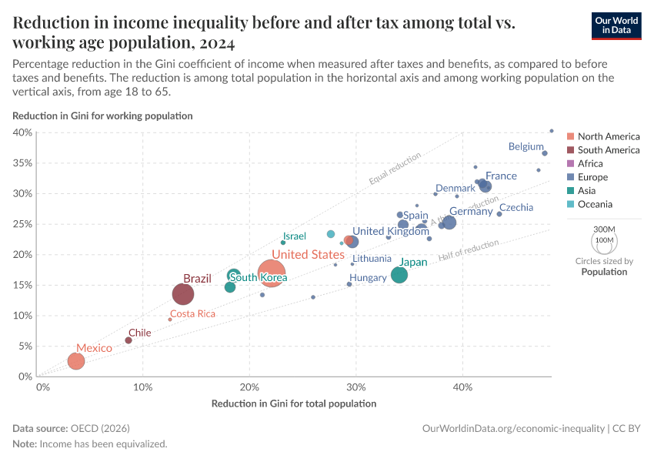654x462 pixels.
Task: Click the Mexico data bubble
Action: pyautogui.click(x=75, y=361)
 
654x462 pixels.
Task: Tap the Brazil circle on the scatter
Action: pyautogui.click(x=183, y=294)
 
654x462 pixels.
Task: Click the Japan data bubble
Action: pyautogui.click(x=399, y=275)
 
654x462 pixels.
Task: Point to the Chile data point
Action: pyautogui.click(x=128, y=340)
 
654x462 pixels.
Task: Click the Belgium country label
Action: pyautogui.click(x=526, y=146)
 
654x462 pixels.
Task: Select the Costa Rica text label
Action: pyautogui.click(x=192, y=314)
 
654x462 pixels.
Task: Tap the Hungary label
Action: pyautogui.click(x=368, y=278)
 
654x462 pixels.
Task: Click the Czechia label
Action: pyautogui.click(x=516, y=208)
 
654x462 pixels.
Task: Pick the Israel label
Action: pyautogui.click(x=294, y=236)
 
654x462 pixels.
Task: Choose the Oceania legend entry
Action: pyautogui.click(x=595, y=204)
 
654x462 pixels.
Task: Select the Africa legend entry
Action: pyautogui.click(x=590, y=164)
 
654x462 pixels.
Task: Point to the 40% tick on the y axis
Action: pyautogui.click(x=22, y=132)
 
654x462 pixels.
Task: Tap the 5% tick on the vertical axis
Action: pyautogui.click(x=25, y=346)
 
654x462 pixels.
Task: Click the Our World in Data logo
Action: pyautogui.click(x=616, y=25)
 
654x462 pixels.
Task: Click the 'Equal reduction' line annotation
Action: pyautogui.click(x=395, y=169)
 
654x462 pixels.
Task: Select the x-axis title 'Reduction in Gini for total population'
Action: pyautogui.click(x=294, y=403)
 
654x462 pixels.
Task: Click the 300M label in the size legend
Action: pyautogui.click(x=605, y=229)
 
